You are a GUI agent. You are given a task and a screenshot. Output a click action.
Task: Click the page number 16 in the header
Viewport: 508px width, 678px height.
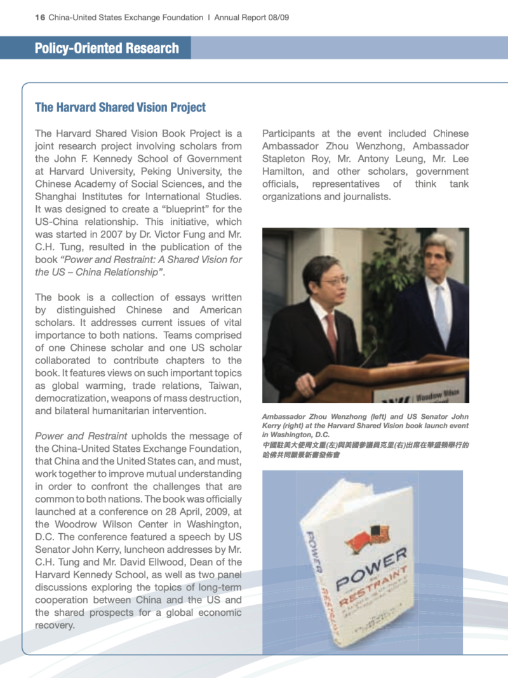(x=40, y=17)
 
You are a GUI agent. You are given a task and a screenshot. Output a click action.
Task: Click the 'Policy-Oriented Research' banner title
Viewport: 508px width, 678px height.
(x=107, y=48)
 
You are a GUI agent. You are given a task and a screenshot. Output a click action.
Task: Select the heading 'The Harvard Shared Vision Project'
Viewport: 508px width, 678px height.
(x=120, y=107)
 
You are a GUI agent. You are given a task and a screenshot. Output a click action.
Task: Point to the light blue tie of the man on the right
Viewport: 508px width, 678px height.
(x=441, y=315)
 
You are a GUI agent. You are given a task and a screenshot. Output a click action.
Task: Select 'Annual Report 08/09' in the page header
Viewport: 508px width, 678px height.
(x=251, y=17)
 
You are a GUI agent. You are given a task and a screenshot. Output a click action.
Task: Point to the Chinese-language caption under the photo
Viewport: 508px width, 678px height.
(x=365, y=450)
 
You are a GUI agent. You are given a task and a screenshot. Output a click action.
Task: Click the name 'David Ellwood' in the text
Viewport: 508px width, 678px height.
(x=159, y=562)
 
